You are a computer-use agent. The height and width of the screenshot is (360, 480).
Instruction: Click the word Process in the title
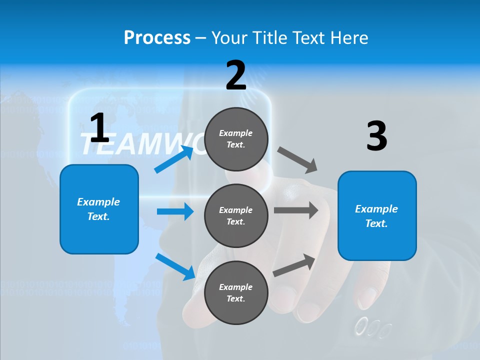pyautogui.click(x=157, y=38)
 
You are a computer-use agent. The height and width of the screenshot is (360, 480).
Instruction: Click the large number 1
pyautogui.click(x=99, y=128)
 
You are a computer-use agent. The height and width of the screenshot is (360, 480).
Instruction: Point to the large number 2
pyautogui.click(x=236, y=75)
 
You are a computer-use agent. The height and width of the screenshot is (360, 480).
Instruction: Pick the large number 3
pyautogui.click(x=376, y=136)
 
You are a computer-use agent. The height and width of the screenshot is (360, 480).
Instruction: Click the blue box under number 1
pyautogui.click(x=99, y=209)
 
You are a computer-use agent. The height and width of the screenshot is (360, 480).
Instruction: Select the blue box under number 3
pyautogui.click(x=377, y=216)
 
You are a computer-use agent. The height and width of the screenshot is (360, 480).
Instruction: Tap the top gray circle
pyautogui.click(x=236, y=139)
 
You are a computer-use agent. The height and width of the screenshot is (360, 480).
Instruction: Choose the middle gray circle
pyautogui.click(x=236, y=216)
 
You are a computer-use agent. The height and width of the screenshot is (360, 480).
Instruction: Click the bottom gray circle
pyautogui.click(x=236, y=293)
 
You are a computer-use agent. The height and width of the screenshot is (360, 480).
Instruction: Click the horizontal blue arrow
pyautogui.click(x=174, y=211)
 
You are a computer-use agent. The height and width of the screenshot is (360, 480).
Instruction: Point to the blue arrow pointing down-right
pyautogui.click(x=175, y=266)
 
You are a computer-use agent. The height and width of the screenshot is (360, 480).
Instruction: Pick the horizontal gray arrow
pyautogui.click(x=296, y=210)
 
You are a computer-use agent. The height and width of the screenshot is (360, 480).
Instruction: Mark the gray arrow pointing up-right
pyautogui.click(x=294, y=265)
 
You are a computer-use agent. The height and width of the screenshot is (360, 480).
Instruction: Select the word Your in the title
pyautogui.click(x=227, y=38)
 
